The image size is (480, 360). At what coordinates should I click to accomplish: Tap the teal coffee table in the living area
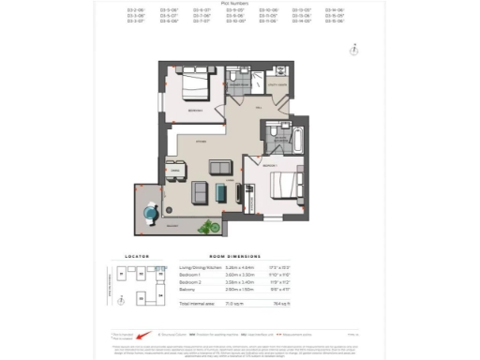[x=220, y=191]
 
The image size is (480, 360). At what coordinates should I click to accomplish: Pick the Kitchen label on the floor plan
[x=201, y=141]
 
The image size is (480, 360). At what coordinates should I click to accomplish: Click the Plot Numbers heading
[x=239, y=4]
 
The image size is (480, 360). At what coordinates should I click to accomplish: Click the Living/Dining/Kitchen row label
[x=202, y=267]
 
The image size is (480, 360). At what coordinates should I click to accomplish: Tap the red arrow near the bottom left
[x=142, y=334]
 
